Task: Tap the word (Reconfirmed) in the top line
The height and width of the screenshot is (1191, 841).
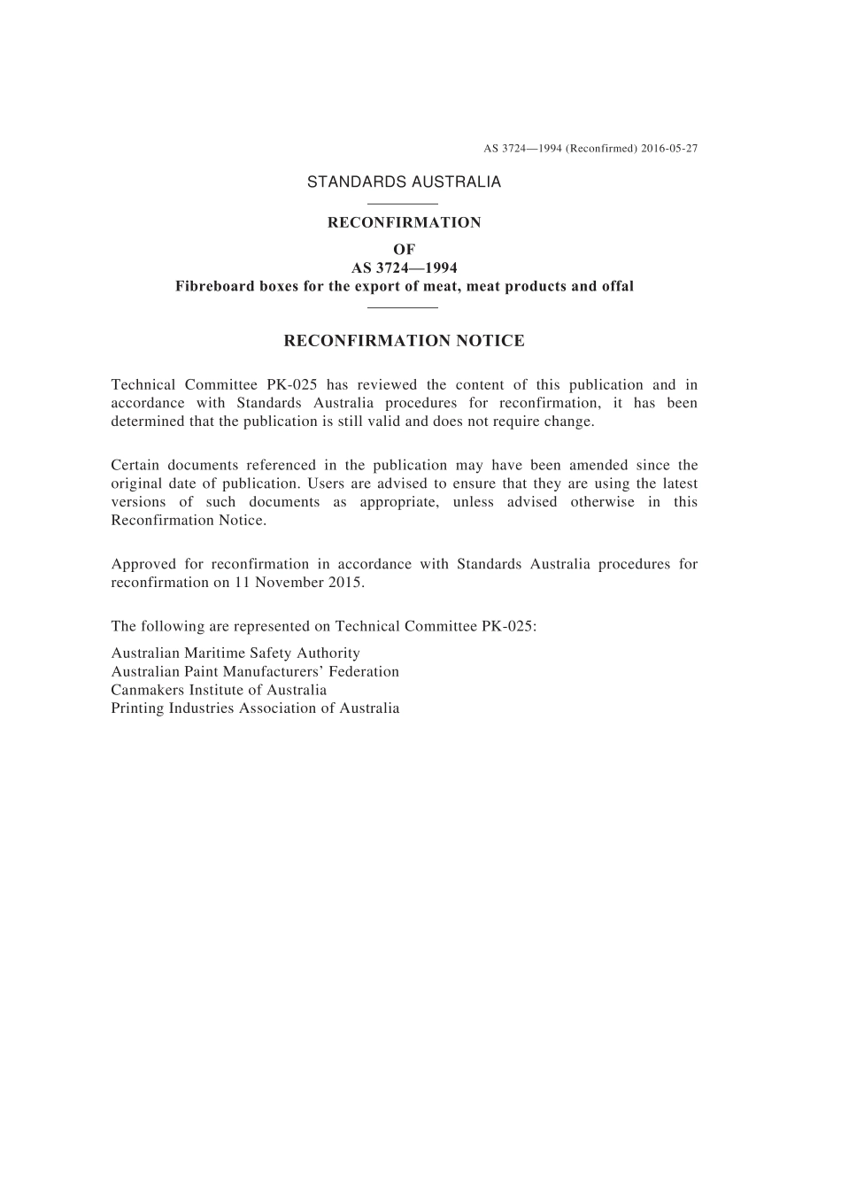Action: coord(602,149)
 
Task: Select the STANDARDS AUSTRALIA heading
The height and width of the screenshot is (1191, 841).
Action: coord(404,182)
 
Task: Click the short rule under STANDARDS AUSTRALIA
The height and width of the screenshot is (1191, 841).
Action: coord(403,205)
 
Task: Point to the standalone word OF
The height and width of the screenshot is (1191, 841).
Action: coord(404,250)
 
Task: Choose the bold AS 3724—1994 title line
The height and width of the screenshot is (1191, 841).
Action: coord(404,267)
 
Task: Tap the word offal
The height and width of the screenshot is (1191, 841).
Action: coord(615,286)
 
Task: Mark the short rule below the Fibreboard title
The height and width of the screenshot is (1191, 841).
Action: coord(403,307)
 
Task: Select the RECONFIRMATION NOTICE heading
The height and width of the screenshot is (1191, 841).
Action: coord(404,341)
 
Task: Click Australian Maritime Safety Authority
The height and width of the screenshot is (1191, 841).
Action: coord(235,654)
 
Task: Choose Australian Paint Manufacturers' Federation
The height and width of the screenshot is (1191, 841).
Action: coord(255,672)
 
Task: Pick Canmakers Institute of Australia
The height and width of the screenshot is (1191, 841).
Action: coord(219,691)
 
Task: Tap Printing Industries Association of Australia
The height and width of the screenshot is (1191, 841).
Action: coord(255,708)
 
